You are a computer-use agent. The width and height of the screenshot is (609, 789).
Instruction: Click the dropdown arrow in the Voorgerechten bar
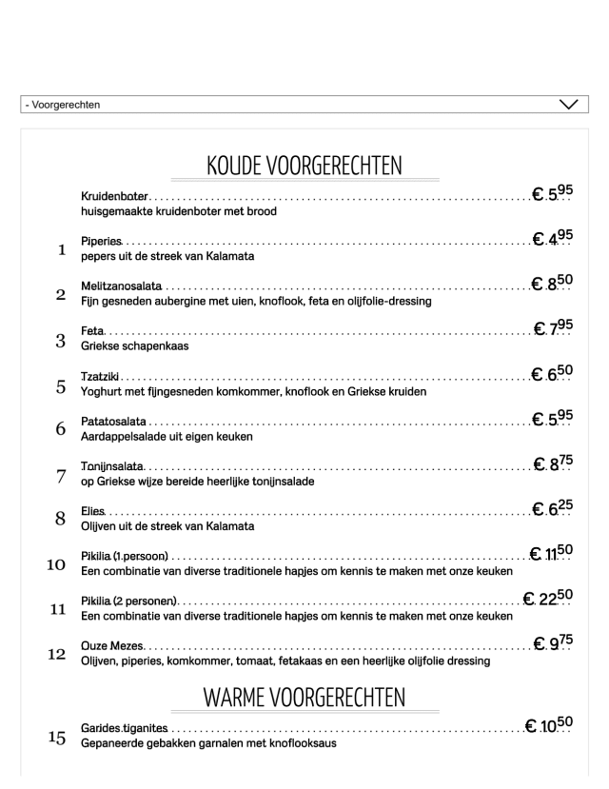click(569, 104)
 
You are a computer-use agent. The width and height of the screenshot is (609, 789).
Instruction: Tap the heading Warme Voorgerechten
click(304, 698)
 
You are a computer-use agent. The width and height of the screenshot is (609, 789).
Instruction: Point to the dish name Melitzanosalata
click(121, 286)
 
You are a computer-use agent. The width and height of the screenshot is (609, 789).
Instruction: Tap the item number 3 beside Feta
click(61, 340)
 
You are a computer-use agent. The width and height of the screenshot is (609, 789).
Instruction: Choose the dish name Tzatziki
click(100, 377)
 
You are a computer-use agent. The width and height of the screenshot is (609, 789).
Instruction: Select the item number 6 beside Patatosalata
click(61, 429)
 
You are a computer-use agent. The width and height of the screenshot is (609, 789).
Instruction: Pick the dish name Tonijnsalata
click(112, 466)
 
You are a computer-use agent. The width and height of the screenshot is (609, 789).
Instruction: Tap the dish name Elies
click(93, 512)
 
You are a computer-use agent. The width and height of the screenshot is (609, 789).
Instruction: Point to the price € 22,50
click(548, 598)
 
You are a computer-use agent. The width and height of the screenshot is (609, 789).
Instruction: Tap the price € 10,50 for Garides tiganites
click(549, 725)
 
